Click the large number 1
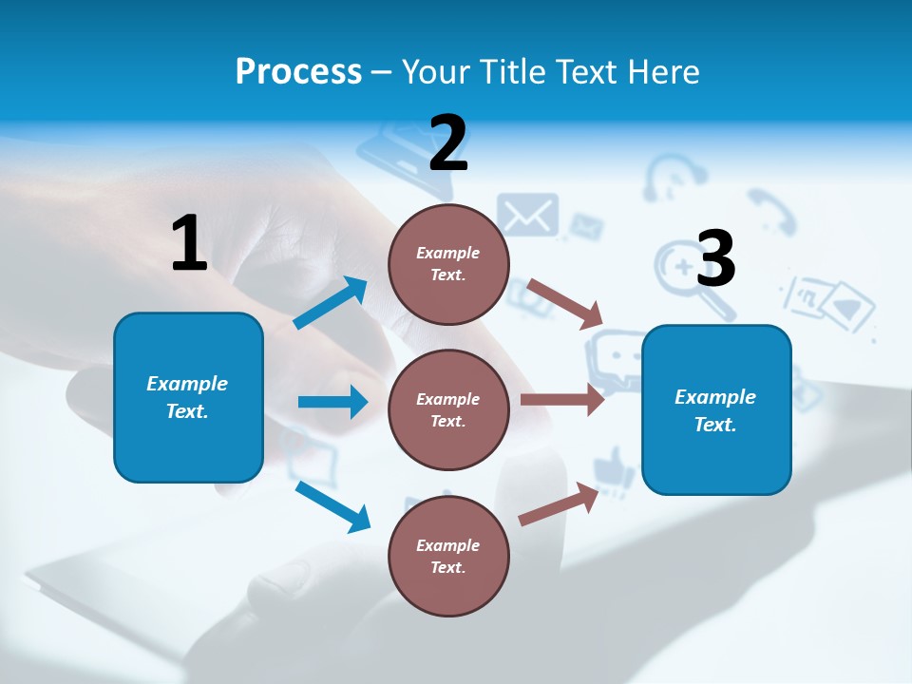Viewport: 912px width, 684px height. tap(189, 243)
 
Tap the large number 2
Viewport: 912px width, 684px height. tap(448, 143)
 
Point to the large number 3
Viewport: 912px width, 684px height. tap(715, 258)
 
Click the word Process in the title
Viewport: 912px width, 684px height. tap(298, 71)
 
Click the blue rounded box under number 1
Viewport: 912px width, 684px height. tap(188, 397)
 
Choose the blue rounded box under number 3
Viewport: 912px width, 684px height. tap(716, 409)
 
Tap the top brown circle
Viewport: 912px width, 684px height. tap(448, 264)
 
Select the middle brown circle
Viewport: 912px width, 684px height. tap(448, 409)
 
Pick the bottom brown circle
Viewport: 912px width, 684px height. tap(448, 556)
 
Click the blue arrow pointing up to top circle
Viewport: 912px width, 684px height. tap(331, 303)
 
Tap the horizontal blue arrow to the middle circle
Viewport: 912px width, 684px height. tap(332, 402)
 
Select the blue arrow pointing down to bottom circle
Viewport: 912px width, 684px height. tap(332, 506)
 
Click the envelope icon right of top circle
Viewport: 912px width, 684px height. tap(528, 215)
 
